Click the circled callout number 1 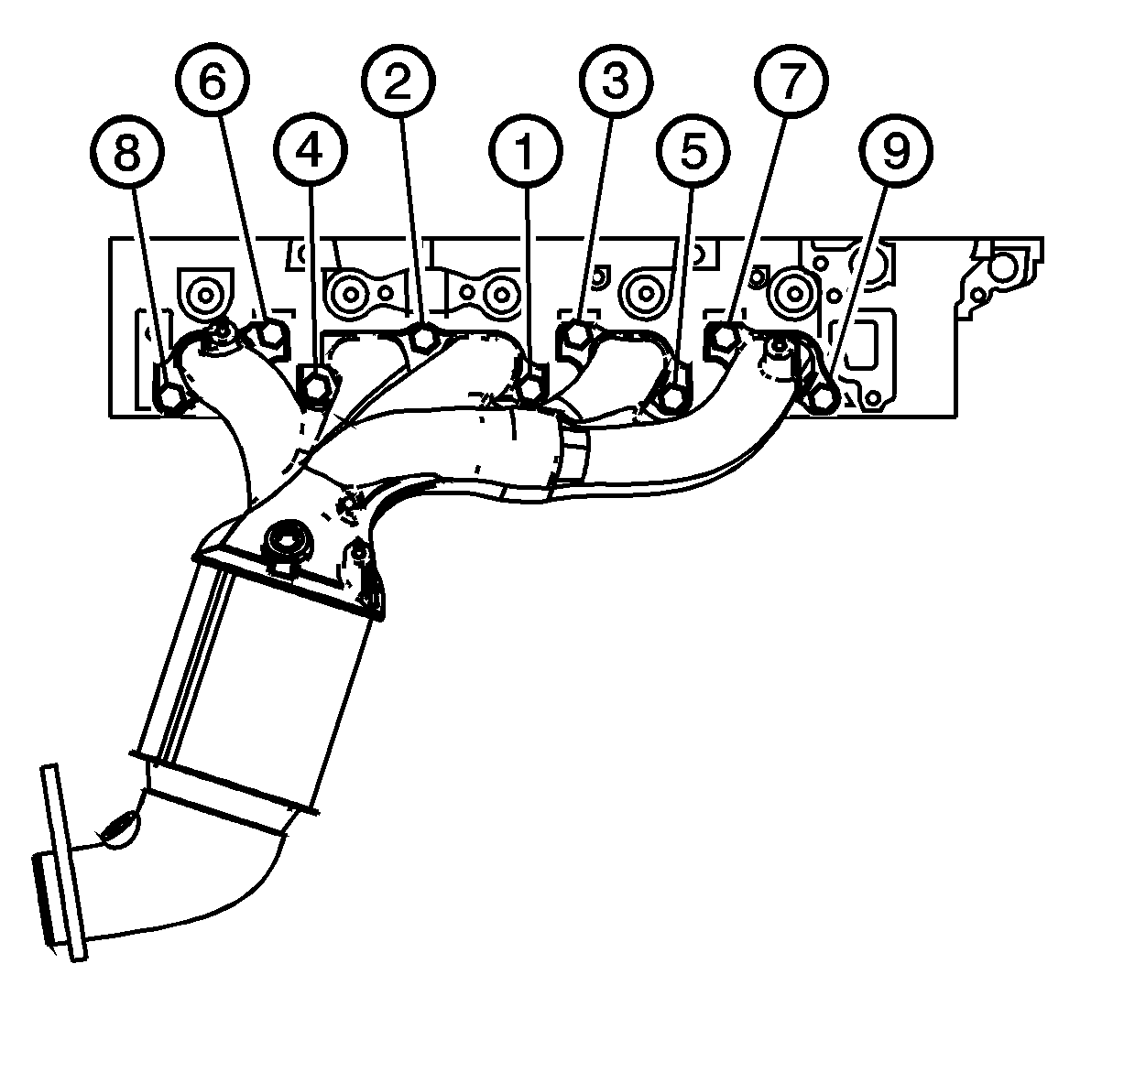526,151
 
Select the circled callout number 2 398,81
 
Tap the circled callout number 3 616,81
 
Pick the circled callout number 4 310,151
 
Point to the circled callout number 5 693,151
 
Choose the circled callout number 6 213,81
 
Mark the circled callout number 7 791,81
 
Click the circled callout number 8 127,152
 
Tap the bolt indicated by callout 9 823,398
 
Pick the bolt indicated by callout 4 315,383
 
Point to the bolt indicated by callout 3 578,336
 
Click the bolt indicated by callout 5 673,399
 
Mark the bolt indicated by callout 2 424,337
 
